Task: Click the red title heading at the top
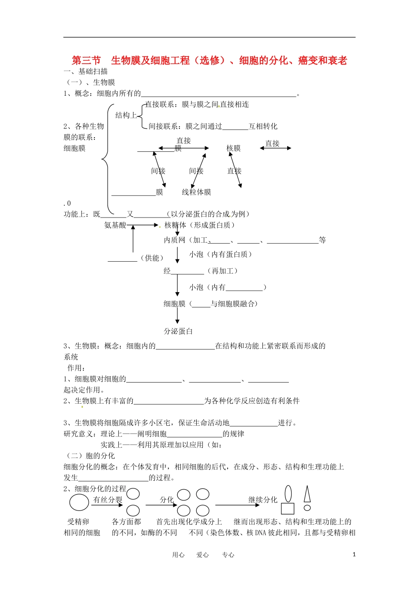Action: coord(209,60)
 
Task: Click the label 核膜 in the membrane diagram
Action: coord(233,148)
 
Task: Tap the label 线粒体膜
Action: coord(196,192)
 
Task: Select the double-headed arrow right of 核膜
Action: coord(275,148)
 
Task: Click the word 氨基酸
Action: coord(115,225)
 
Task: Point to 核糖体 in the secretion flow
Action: coord(175,225)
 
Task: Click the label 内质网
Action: coord(175,240)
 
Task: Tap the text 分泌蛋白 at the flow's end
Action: coord(178,331)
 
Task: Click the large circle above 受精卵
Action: coord(79,503)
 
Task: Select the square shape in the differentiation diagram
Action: coord(288,509)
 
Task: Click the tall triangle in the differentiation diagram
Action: coord(307,494)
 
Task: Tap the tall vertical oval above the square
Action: coord(288,494)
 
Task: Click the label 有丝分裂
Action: coord(108,499)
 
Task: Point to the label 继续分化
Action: coord(263,499)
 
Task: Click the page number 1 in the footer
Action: coord(354,555)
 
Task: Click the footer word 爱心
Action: coord(202,555)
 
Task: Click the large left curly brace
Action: coord(106,159)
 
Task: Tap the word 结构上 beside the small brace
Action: coord(126,115)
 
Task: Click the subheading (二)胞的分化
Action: coord(90,456)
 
